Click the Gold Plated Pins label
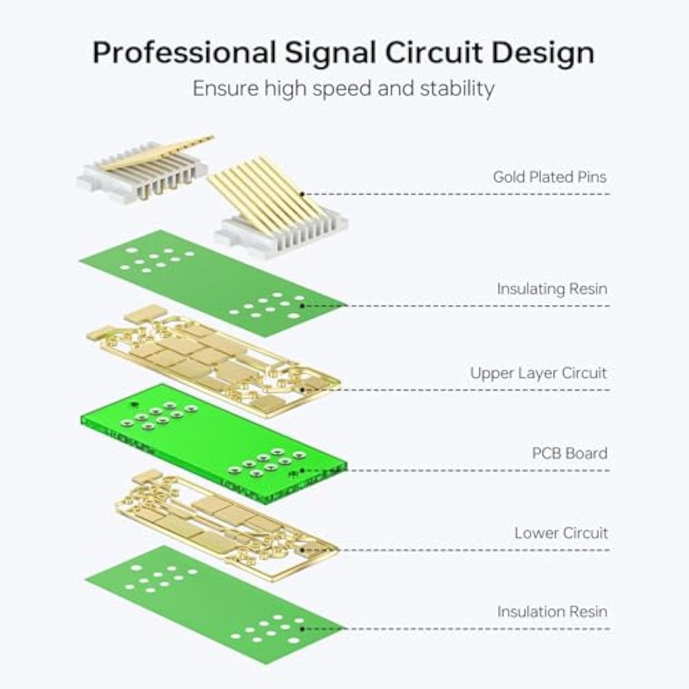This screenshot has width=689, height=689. (549, 177)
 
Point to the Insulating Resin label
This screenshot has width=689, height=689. (552, 289)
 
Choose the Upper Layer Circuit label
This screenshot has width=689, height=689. (538, 373)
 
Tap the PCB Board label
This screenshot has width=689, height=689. (569, 453)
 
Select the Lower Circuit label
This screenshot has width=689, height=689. (561, 533)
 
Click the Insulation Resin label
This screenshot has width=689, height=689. (552, 611)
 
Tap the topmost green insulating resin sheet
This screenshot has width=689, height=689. (207, 282)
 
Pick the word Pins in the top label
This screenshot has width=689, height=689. (592, 177)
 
